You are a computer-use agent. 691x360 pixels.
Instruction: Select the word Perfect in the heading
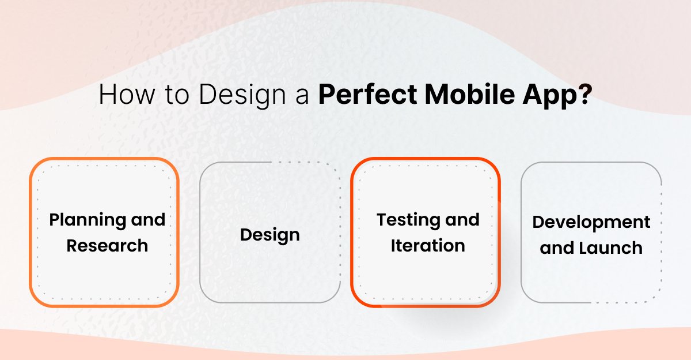coord(366,95)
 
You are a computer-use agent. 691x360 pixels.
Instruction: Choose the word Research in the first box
coord(107,245)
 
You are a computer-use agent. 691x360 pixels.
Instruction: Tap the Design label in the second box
coord(269,235)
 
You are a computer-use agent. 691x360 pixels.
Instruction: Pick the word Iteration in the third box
coord(428,245)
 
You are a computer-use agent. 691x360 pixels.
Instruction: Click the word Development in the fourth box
coord(591,222)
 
